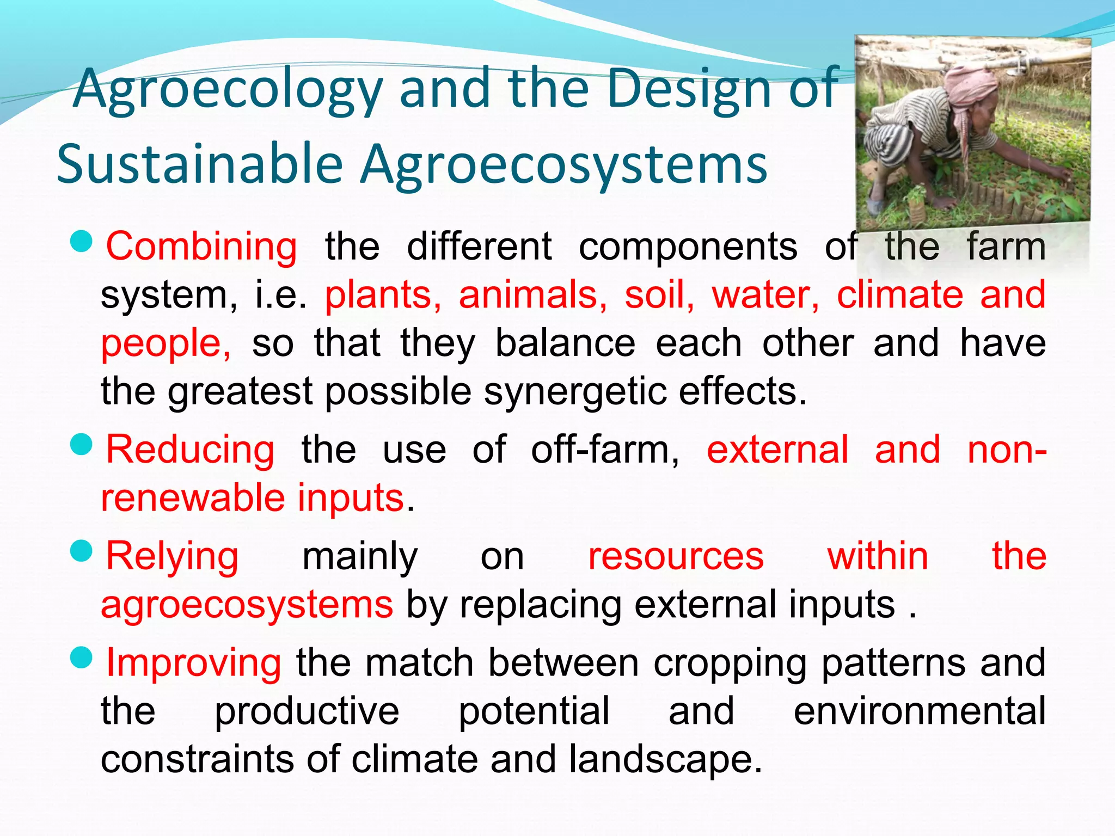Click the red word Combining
coord(201,247)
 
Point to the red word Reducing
coord(190,450)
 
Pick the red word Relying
coord(172,557)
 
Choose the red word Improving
coord(193,663)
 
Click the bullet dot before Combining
coord(82,242)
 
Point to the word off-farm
coord(604,450)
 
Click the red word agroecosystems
coord(247,605)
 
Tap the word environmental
coord(919,711)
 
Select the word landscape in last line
coord(665,759)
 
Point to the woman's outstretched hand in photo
coord(1064,175)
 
